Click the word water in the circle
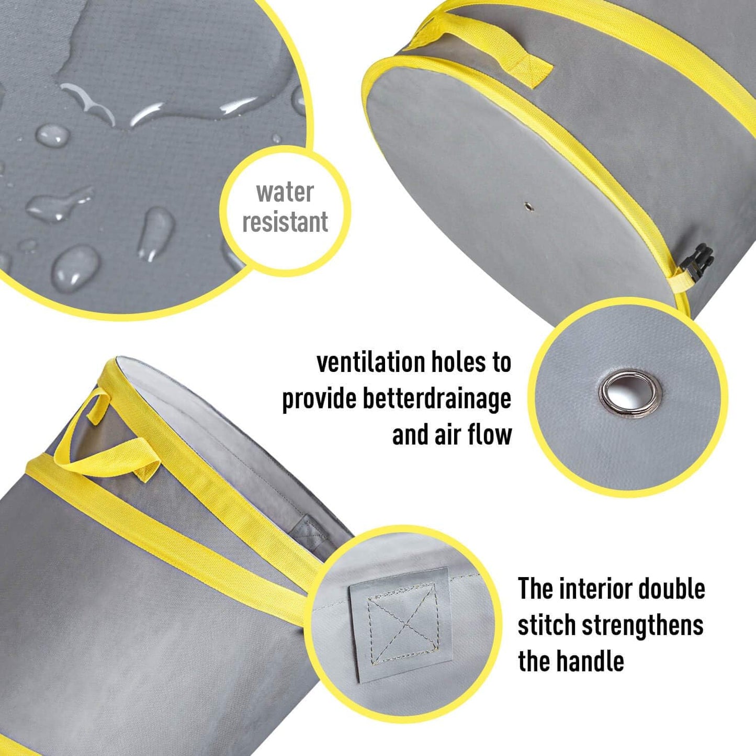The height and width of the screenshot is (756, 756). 285,193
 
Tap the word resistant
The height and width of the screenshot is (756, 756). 285,222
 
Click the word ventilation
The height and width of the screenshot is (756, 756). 371,363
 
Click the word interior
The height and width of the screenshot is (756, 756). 595,589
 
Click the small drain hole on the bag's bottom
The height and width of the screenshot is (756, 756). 529,207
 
